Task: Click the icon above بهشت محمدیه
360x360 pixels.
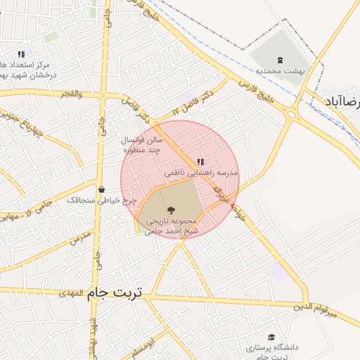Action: tap(281, 59)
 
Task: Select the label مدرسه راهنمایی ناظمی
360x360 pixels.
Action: tap(202, 172)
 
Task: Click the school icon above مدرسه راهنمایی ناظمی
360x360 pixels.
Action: tap(200, 162)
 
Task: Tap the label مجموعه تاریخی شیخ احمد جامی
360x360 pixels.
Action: tap(172, 226)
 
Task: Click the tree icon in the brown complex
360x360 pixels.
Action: tap(172, 210)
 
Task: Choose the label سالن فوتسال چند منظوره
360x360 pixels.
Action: tap(144, 145)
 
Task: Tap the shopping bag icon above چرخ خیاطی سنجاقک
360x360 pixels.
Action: tap(102, 189)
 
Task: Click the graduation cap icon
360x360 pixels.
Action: tap(272, 337)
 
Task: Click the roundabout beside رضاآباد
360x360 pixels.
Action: tap(291, 114)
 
